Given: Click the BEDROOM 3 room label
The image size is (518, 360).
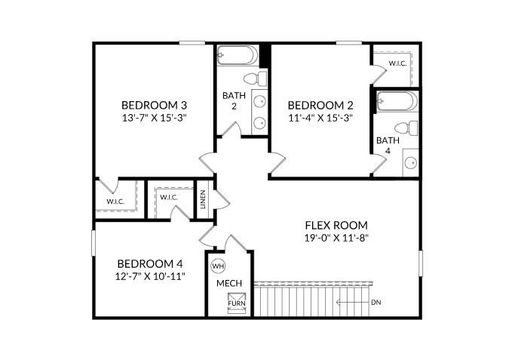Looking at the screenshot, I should [155, 105].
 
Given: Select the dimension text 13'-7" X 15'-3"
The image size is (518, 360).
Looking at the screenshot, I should [155, 118].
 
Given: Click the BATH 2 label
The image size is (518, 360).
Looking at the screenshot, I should [230, 101].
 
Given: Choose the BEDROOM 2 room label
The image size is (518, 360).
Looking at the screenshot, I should [320, 105].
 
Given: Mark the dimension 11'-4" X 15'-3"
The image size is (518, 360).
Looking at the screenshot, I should [320, 118].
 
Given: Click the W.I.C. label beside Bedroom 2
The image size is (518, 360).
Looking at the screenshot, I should [397, 63].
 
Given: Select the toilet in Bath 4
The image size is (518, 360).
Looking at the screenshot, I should [408, 128].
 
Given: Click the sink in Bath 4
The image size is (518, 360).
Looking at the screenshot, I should [411, 162].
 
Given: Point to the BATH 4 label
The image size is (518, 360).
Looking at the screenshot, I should [388, 146].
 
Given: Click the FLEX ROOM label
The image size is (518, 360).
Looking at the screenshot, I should [336, 225].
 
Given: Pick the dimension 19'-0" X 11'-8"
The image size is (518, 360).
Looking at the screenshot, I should [336, 238].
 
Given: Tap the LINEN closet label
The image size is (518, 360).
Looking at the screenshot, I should [204, 200].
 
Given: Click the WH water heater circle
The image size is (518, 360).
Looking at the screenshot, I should [219, 266].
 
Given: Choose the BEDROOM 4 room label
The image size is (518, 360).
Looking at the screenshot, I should [150, 263].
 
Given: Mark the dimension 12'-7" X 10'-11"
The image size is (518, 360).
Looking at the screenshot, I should [150, 276].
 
